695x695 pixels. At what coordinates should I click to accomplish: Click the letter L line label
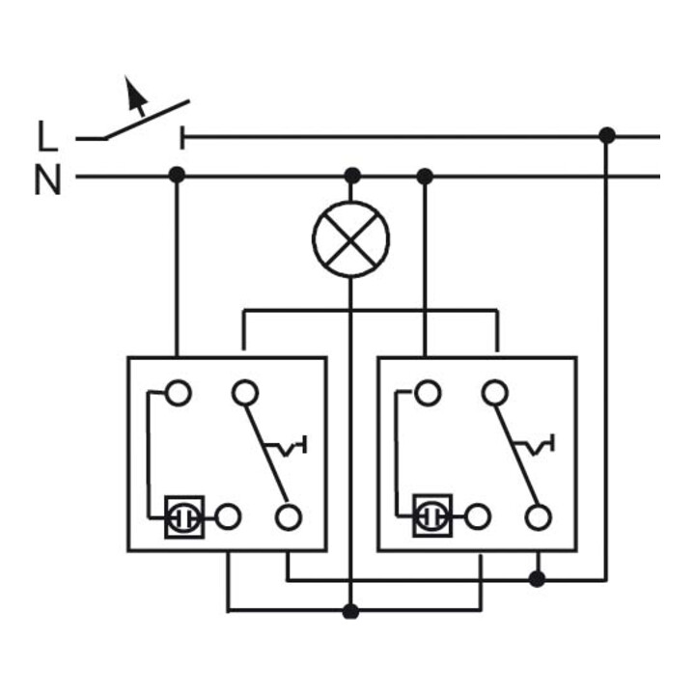click(x=47, y=136)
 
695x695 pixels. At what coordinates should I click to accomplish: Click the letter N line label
click(x=47, y=180)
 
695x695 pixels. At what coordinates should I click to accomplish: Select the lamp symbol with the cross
click(x=350, y=239)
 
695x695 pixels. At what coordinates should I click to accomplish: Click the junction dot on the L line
click(x=607, y=135)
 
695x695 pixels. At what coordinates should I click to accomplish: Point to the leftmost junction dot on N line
click(x=177, y=175)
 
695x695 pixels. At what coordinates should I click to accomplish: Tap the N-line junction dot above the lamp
click(x=352, y=176)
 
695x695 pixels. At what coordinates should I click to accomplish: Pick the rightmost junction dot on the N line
click(x=425, y=177)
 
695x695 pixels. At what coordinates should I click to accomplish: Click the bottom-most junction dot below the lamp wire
click(x=350, y=612)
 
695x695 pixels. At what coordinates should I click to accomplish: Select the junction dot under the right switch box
click(x=538, y=579)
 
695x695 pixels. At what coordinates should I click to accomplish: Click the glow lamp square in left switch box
click(x=184, y=517)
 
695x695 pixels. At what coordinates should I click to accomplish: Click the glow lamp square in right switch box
click(x=432, y=515)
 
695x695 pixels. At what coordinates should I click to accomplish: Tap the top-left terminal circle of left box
click(x=179, y=393)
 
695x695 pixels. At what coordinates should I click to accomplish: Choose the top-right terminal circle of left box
click(x=245, y=393)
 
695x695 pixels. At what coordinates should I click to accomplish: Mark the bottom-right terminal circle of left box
click(x=289, y=517)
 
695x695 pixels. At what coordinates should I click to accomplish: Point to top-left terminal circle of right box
click(x=428, y=393)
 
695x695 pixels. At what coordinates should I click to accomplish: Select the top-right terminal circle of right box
click(x=495, y=393)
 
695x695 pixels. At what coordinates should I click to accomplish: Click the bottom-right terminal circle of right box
click(x=539, y=517)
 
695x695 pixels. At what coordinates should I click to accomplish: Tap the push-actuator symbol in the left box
click(x=287, y=446)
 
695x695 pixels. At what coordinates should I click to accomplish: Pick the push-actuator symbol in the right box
click(x=535, y=445)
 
